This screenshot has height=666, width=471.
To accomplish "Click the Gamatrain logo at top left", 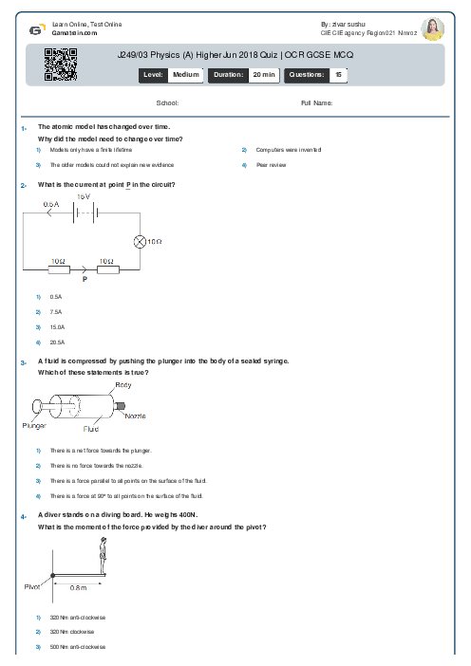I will (x=35, y=29).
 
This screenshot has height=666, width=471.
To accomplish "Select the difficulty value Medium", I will (x=185, y=74).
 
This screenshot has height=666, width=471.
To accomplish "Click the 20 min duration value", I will (x=263, y=74).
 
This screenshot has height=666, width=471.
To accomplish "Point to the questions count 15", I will (x=338, y=74).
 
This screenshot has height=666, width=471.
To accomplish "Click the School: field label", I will (x=167, y=102).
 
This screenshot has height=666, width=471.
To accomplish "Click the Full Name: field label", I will (x=316, y=102).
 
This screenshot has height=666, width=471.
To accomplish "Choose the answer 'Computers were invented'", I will (x=278, y=150).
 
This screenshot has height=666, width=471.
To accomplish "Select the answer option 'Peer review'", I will (x=271, y=165).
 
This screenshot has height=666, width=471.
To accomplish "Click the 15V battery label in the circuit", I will (x=83, y=196).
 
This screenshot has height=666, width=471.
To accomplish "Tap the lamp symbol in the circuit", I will (x=138, y=241).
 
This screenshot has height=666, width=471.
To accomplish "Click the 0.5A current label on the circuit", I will (x=51, y=204).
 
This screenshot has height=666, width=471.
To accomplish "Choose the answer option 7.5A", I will (x=56, y=311).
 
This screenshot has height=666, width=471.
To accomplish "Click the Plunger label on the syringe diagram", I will (x=34, y=425).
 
